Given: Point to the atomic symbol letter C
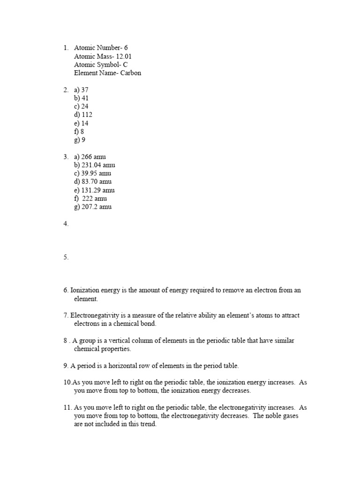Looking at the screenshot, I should click(125, 65).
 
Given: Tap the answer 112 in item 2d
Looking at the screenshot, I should click(87, 115).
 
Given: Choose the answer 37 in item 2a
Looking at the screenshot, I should click(85, 90).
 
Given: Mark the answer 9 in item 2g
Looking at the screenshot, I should click(83, 140).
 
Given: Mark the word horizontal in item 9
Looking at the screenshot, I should click(120, 366).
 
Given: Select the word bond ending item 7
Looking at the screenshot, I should click(148, 323).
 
